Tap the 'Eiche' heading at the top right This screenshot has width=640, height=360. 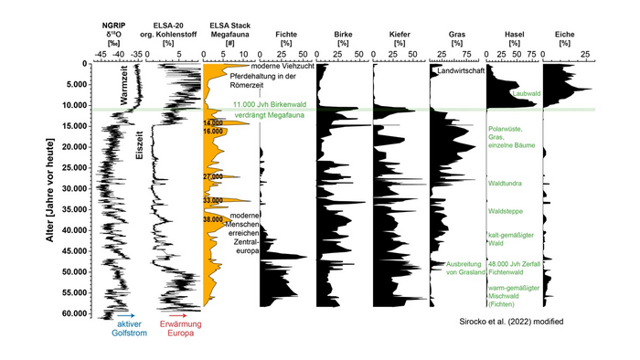click(566, 33)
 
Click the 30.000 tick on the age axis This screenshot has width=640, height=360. click(76, 188)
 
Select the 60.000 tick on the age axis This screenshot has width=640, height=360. click(76, 313)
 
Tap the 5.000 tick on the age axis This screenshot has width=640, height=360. click(79, 84)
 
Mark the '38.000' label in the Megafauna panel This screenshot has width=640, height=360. click(213, 219)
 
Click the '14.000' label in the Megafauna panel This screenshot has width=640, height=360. click(213, 122)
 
